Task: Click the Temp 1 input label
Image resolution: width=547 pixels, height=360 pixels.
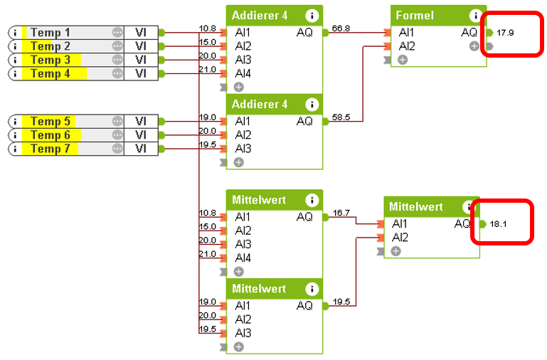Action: [x=51, y=32]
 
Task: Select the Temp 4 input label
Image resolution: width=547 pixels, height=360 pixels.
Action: [x=51, y=73]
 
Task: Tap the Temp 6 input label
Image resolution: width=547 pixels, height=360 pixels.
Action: [x=51, y=134]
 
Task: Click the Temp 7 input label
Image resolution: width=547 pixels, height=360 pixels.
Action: [x=51, y=149]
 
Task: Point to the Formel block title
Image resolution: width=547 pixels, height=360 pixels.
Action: [x=415, y=16]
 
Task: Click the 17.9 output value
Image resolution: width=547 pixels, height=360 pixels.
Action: [x=505, y=33]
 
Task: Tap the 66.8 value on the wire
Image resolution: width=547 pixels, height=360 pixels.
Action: [x=341, y=28]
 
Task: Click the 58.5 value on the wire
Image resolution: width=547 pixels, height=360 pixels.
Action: [x=341, y=117]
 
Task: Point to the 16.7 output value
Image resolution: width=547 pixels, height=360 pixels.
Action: [x=341, y=213]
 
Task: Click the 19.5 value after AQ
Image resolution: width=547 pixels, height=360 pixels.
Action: [x=341, y=302]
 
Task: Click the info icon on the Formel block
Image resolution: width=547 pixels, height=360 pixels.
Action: [x=475, y=16]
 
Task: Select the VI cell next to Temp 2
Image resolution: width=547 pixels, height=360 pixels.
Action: [x=141, y=46]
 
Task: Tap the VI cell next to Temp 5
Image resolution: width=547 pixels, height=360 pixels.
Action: [x=141, y=121]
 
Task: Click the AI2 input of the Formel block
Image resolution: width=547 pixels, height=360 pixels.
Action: [x=407, y=46]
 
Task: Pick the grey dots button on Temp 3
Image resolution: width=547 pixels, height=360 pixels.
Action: [x=117, y=60]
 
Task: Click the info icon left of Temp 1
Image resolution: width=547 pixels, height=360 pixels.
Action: [x=16, y=33]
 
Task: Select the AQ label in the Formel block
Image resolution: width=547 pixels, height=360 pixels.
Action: [x=469, y=32]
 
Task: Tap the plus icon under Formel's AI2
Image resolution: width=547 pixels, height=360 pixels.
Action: [x=403, y=60]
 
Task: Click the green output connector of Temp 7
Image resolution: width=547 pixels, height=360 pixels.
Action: [x=162, y=149]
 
